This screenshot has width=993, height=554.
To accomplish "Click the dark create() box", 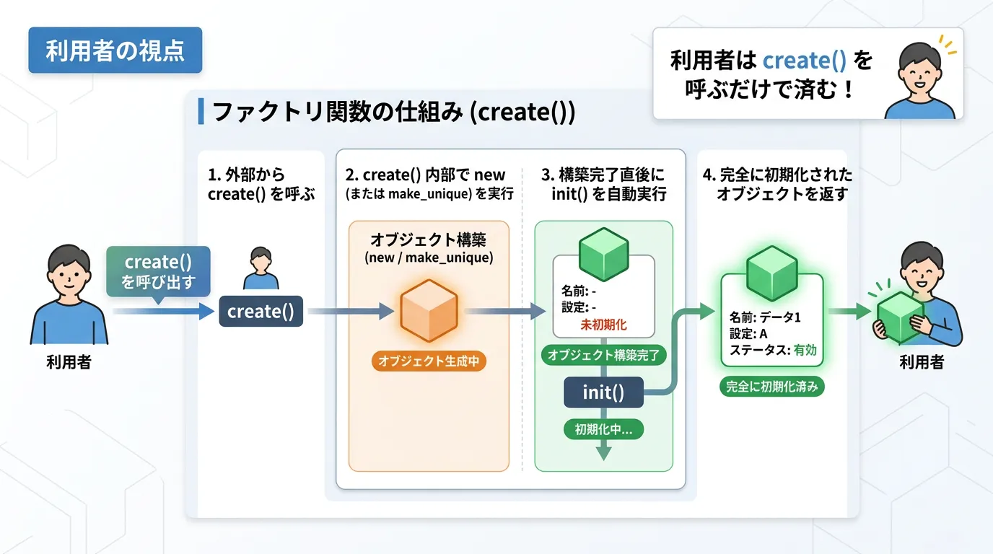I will (261, 312).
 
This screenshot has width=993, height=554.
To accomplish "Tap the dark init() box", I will (603, 393).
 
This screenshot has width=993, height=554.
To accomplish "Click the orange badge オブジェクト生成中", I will (429, 361).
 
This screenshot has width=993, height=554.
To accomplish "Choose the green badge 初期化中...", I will (603, 429).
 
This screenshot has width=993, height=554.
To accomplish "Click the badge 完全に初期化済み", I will (772, 387).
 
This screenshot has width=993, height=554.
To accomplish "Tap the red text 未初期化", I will (603, 325).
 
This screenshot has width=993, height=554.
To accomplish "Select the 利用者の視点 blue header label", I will (115, 50).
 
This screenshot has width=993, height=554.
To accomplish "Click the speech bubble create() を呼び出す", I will (158, 271).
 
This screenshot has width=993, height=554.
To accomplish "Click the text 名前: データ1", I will (765, 317).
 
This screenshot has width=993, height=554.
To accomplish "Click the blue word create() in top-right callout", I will (804, 61).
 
